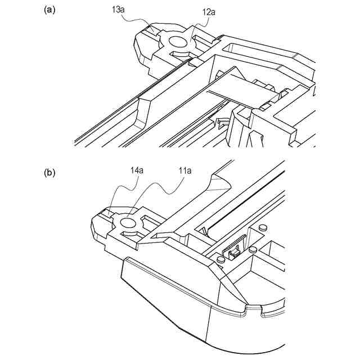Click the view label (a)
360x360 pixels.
[x=49, y=10]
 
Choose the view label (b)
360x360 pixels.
[x=49, y=173]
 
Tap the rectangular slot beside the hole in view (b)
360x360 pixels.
[x=150, y=219]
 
